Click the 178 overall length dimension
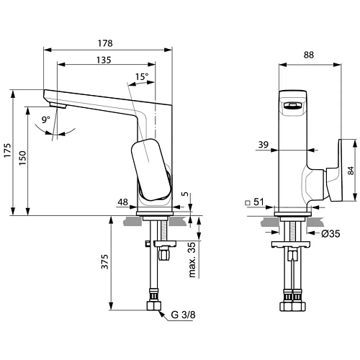[108, 42]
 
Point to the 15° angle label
[142, 76]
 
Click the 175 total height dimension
[7, 153]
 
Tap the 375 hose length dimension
[104, 264]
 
